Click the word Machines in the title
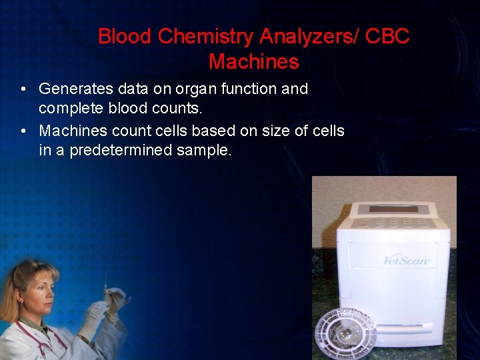pyautogui.click(x=253, y=62)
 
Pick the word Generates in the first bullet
pyautogui.click(x=75, y=89)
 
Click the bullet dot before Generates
pyautogui.click(x=23, y=89)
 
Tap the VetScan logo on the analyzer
pyautogui.click(x=406, y=260)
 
